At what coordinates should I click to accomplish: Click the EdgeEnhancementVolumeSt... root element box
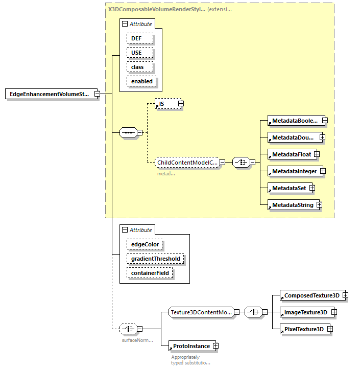click(x=49, y=94)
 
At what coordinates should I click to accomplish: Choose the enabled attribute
click(x=142, y=81)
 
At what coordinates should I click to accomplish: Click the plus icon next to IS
click(x=181, y=104)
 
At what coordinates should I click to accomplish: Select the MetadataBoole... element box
click(x=295, y=121)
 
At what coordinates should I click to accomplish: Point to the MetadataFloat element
click(x=291, y=154)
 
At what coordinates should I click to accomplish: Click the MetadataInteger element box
click(x=294, y=171)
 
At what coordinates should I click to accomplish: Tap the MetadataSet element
click(x=289, y=188)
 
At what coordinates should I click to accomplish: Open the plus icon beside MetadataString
click(x=319, y=205)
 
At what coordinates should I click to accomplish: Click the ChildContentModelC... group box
click(x=187, y=163)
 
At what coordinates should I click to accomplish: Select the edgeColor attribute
click(x=145, y=244)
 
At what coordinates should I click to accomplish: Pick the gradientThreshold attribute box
click(x=155, y=259)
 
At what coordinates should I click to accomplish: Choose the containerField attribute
click(x=150, y=273)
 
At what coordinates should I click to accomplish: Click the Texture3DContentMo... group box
click(x=201, y=312)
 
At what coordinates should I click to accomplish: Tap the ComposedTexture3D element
click(x=311, y=295)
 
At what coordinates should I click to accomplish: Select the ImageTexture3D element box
click(x=305, y=312)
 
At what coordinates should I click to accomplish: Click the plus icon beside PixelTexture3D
click(x=330, y=329)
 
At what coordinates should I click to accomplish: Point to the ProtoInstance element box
click(x=192, y=346)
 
